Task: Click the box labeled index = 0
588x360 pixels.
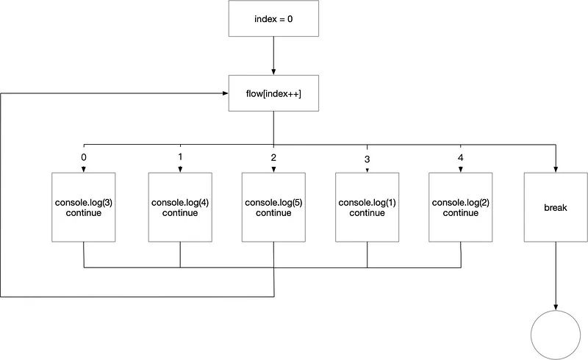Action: click(x=273, y=18)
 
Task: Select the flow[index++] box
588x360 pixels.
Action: click(x=273, y=93)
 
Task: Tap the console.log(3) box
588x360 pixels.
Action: click(x=84, y=207)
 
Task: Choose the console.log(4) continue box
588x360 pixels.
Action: click(x=180, y=207)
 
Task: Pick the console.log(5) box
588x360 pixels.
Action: click(x=273, y=207)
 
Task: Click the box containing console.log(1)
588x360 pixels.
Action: click(x=367, y=207)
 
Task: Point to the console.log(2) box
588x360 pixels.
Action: click(x=461, y=207)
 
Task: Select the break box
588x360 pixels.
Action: click(x=556, y=207)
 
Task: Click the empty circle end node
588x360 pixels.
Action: click(x=556, y=335)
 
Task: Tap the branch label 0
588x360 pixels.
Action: click(x=84, y=157)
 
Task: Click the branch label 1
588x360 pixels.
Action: click(x=180, y=156)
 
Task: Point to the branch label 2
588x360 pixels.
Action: click(x=273, y=157)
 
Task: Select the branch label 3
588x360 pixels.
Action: click(x=367, y=159)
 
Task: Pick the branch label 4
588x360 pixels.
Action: click(x=461, y=157)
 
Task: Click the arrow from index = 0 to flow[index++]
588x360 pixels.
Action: click(x=273, y=56)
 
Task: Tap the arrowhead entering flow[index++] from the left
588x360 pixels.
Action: click(x=226, y=93)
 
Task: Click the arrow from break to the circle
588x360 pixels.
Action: click(x=556, y=276)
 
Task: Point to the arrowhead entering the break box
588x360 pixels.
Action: click(x=556, y=170)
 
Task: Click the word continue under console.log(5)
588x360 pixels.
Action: click(x=273, y=213)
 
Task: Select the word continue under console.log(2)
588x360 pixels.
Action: click(x=461, y=213)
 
